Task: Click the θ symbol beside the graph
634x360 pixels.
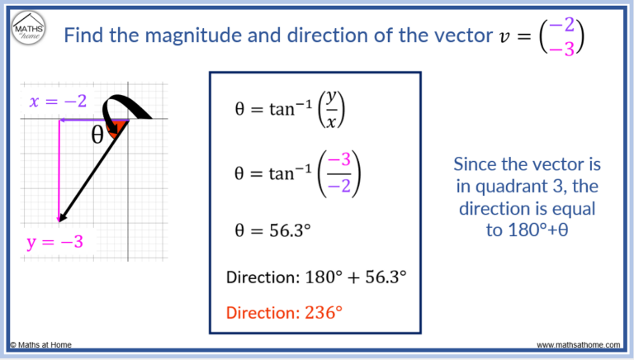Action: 98,135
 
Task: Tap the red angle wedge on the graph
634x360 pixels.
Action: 119,125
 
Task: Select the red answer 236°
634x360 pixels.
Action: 323,312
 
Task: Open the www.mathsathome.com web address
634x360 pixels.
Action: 580,344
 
